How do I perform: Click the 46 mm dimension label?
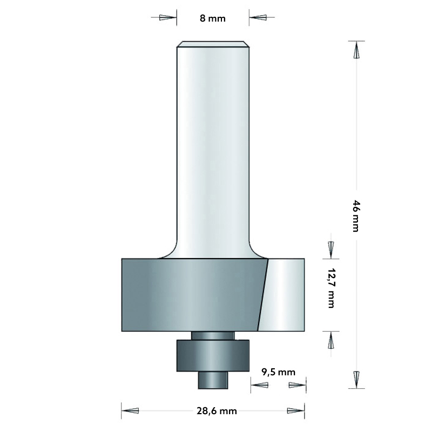tap(356, 215)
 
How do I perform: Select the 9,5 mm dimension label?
tap(279, 372)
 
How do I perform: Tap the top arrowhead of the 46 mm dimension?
tap(356, 51)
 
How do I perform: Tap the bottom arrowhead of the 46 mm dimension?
tap(356, 379)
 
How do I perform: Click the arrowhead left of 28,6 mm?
tap(131, 411)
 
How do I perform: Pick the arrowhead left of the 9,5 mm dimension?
tap(260, 385)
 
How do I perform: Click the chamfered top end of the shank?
tap(213, 45)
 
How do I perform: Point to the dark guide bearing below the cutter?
tap(213, 355)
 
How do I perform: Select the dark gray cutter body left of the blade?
tap(189, 294)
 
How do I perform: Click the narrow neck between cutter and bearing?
tap(213, 335)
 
